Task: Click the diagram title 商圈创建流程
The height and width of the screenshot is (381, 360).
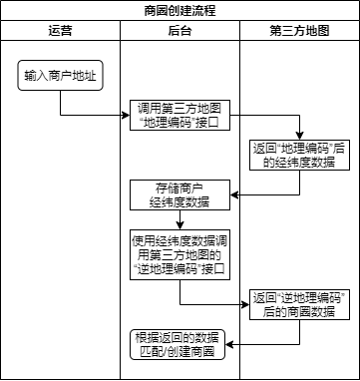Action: pyautogui.click(x=180, y=11)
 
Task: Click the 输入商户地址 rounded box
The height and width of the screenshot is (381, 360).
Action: pyautogui.click(x=60, y=76)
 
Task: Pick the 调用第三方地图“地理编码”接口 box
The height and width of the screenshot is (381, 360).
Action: pyautogui.click(x=180, y=116)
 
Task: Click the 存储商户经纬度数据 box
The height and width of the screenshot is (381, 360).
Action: pyautogui.click(x=180, y=193)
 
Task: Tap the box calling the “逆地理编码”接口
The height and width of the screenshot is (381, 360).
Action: pyautogui.click(x=180, y=254)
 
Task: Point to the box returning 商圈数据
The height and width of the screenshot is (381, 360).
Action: pyautogui.click(x=299, y=304)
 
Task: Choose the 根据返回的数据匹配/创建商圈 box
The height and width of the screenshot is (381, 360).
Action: pyautogui.click(x=180, y=344)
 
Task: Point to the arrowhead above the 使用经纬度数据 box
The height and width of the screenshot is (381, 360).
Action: pyautogui.click(x=180, y=227)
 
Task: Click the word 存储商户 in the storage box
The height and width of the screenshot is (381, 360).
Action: pyautogui.click(x=180, y=187)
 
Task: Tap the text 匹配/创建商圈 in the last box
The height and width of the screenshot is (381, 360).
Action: pyautogui.click(x=180, y=352)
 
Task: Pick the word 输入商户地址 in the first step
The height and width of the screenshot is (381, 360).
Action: pyautogui.click(x=60, y=76)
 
